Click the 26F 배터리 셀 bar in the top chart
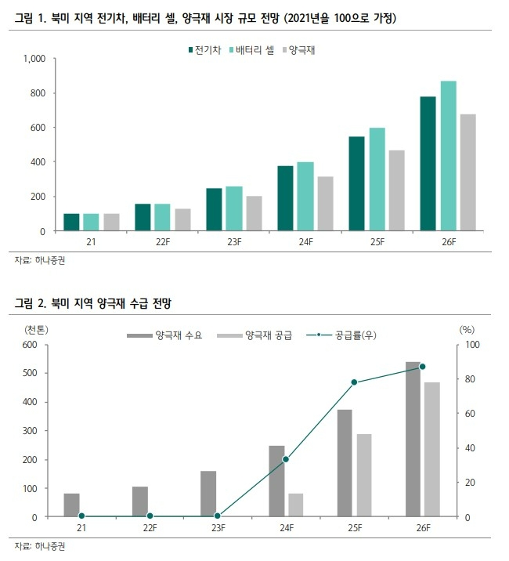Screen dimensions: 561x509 pos(448,156)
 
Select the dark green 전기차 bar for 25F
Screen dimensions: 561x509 pos(356,184)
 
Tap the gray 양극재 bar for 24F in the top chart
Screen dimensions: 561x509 pos(325,204)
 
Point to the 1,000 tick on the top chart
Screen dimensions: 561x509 pos(34,59)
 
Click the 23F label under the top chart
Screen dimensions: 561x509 pos(234,243)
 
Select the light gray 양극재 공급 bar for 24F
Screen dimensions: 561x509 pos(295,505)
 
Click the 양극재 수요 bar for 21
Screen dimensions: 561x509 pos(71,505)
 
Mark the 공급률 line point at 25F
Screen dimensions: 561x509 pos(354,382)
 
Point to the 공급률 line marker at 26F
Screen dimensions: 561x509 pos(422,367)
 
